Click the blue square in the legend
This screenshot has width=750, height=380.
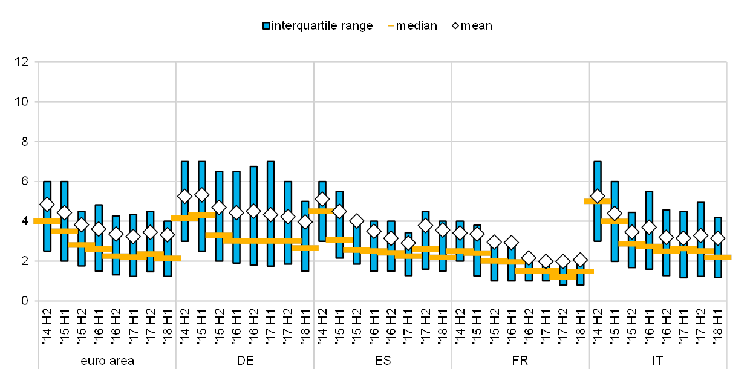point(266,26)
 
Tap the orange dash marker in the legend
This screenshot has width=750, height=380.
point(391,26)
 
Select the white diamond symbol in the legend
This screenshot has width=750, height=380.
point(455,25)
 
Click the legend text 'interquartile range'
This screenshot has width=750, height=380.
point(323,26)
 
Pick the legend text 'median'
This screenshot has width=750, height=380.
point(417,26)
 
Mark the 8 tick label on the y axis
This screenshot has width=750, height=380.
point(25,142)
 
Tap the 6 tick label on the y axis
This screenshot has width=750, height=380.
point(25,181)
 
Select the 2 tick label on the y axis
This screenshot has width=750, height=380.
point(25,261)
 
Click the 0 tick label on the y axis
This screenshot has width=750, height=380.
point(25,301)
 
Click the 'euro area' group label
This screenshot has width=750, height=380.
point(107,361)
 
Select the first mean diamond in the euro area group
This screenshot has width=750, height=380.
point(47,205)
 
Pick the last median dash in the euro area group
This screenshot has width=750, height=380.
point(168,258)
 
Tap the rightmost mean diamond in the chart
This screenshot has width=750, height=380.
point(718,238)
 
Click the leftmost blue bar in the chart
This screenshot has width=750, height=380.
point(47,216)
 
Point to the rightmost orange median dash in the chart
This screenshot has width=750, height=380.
point(718,257)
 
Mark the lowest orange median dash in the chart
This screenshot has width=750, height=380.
point(563,277)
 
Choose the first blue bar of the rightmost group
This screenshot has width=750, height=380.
point(598,201)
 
